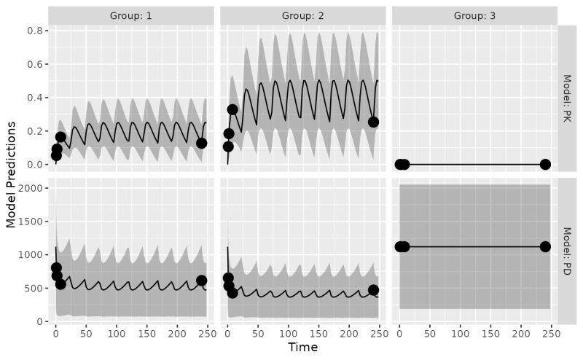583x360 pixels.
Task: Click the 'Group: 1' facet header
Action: pyautogui.click(x=131, y=15)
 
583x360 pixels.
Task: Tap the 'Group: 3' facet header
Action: pyautogui.click(x=475, y=15)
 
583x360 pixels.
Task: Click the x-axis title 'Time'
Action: pyautogui.click(x=303, y=348)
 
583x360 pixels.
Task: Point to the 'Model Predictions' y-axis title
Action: pyautogui.click(x=11, y=175)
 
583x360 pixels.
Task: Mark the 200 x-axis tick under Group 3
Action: pyautogui.click(x=521, y=333)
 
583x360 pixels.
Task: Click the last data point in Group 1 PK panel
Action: pyautogui.click(x=202, y=143)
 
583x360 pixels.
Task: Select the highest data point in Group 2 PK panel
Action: pyautogui.click(x=232, y=109)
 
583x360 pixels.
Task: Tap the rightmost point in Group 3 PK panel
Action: pyautogui.click(x=545, y=164)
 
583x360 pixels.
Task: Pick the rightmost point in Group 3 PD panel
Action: pyautogui.click(x=545, y=246)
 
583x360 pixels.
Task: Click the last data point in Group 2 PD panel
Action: pyautogui.click(x=374, y=290)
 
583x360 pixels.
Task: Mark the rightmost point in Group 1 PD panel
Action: pyautogui.click(x=202, y=281)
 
